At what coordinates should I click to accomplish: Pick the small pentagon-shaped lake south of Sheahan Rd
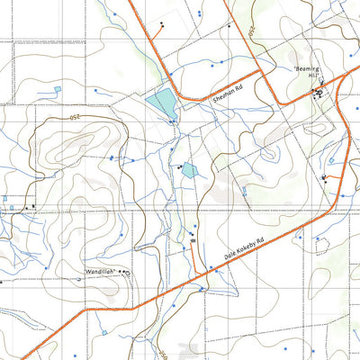point(188,168)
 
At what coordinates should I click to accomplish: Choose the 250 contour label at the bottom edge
point(166,347)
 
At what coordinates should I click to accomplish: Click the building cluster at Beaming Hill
point(318,92)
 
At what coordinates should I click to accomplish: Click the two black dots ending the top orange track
point(161,22)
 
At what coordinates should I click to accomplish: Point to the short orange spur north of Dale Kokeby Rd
point(195,256)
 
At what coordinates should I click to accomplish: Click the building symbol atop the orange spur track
point(193,240)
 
